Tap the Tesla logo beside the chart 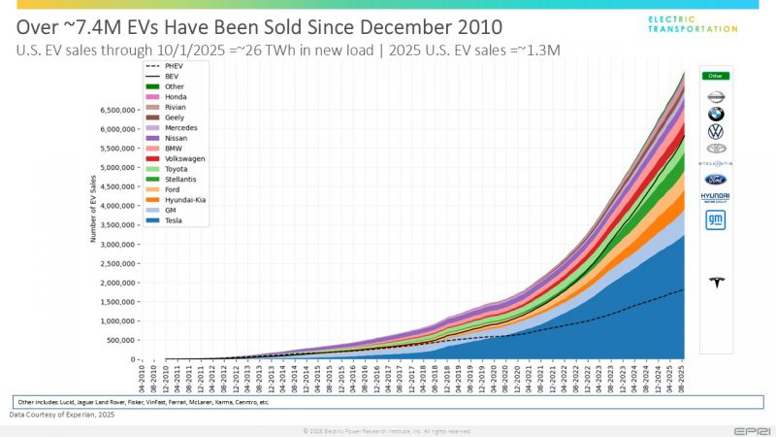[716, 284]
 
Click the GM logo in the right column [716, 221]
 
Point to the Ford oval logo [716, 180]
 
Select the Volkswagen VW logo [716, 131]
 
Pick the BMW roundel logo [716, 114]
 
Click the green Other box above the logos [716, 75]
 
